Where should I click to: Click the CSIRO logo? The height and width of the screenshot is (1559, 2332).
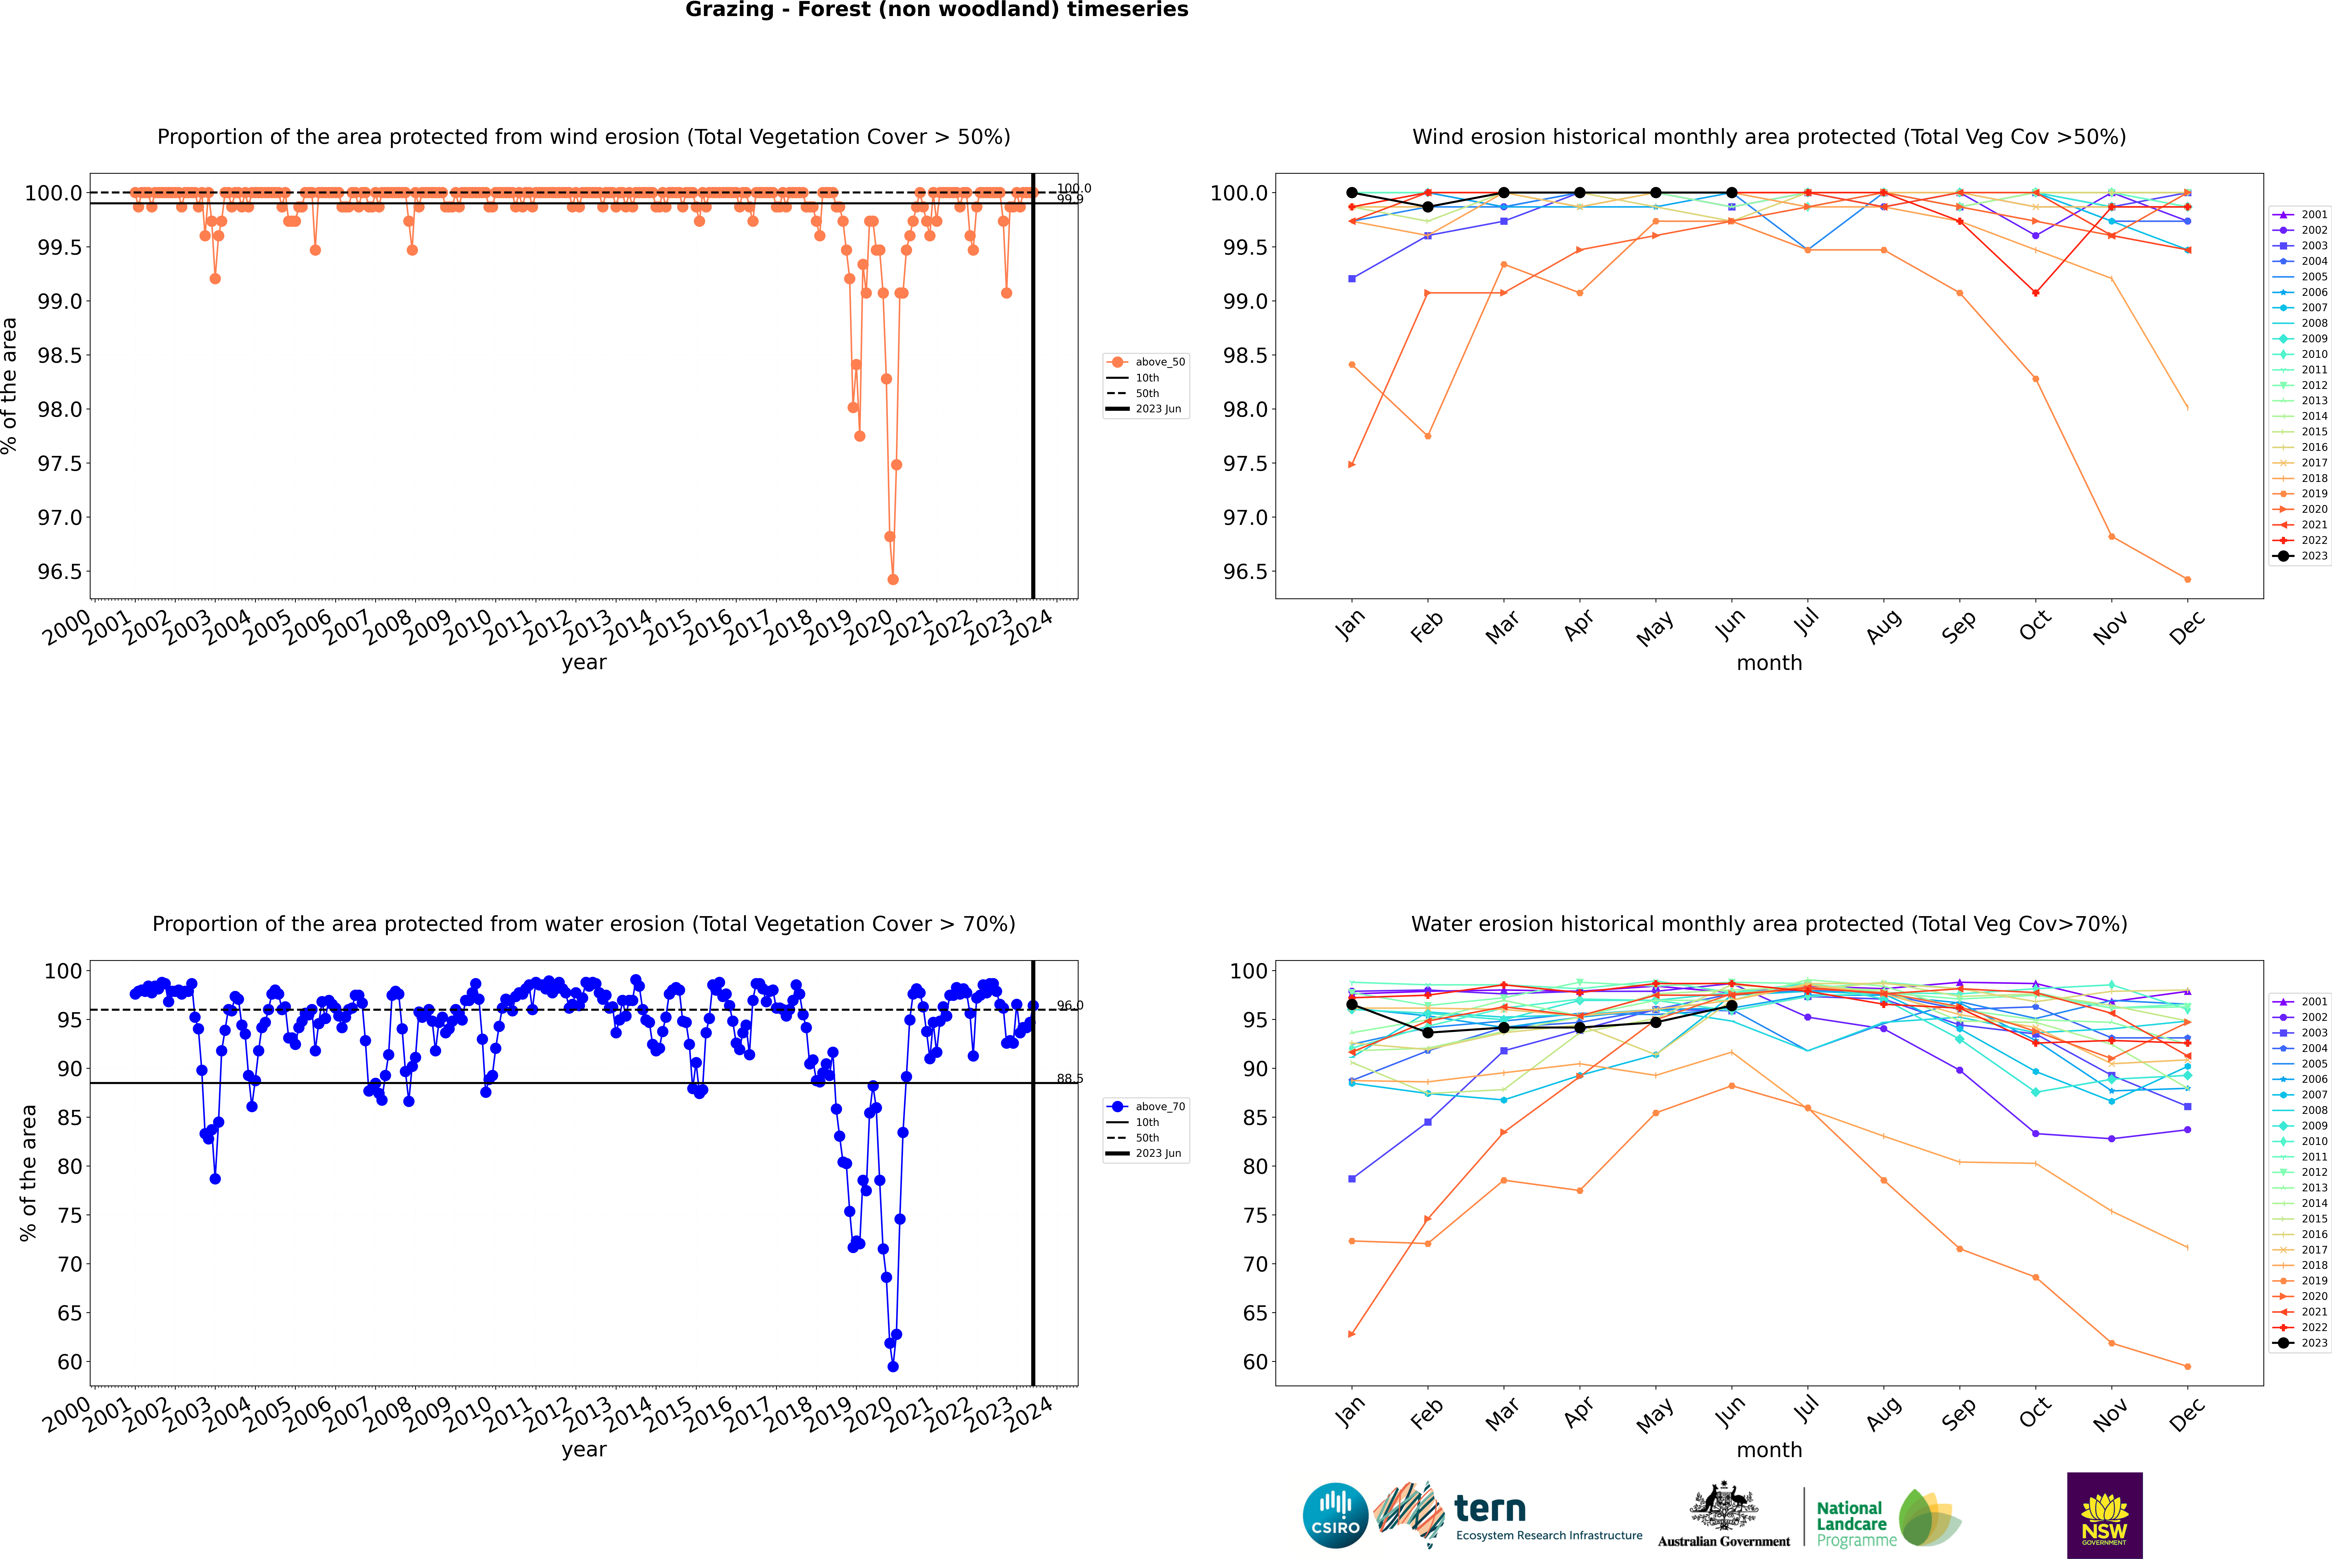pyautogui.click(x=1335, y=1515)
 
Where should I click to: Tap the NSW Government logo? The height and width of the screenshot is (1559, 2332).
pyautogui.click(x=2104, y=1515)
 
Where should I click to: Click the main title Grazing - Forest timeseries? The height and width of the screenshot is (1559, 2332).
pyautogui.click(x=936, y=10)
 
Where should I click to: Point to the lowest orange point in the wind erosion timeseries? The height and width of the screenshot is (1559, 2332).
pyautogui.click(x=893, y=580)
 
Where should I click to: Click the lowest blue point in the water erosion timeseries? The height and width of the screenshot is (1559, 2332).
pyautogui.click(x=893, y=1366)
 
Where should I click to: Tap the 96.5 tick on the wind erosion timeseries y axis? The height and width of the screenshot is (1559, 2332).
pyautogui.click(x=60, y=572)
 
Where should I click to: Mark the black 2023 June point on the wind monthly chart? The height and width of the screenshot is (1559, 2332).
pyautogui.click(x=1732, y=193)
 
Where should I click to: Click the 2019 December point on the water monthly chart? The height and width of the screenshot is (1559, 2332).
pyautogui.click(x=2187, y=1366)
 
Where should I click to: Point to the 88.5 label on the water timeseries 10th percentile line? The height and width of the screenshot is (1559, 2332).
pyautogui.click(x=1070, y=1079)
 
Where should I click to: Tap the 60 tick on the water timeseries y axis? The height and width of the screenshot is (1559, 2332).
pyautogui.click(x=70, y=1362)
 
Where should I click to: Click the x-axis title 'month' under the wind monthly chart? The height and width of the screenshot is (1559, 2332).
pyautogui.click(x=1768, y=663)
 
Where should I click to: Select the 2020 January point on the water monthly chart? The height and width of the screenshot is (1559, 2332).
pyautogui.click(x=1351, y=1334)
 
